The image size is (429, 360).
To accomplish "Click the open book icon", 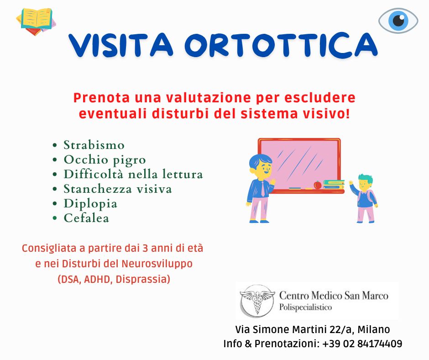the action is point(36,21).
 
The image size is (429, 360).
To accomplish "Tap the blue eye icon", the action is point(398,21).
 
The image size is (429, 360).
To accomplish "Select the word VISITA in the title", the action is point(120,45).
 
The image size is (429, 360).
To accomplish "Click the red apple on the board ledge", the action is point(317,185).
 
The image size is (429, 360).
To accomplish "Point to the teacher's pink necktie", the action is point(263,189).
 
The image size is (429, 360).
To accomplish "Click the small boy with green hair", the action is point(364,198).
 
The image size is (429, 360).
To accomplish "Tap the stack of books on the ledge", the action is point(334,185).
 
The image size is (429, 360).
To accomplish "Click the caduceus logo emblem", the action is point(257,301).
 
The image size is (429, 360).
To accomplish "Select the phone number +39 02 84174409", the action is point(362,344).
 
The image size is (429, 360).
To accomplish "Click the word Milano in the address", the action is point(374,329).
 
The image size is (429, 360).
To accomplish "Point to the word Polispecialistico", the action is point(305,307).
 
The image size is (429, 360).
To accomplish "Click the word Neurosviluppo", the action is point(157,264).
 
